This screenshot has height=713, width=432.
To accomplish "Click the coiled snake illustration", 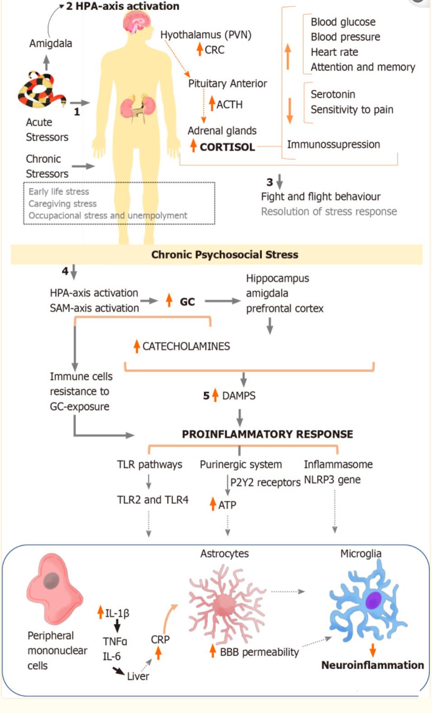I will click(41, 90).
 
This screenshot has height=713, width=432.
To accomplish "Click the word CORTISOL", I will click(227, 147).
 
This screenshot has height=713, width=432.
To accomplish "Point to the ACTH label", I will click(229, 104).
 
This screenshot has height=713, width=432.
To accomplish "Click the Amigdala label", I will click(51, 43).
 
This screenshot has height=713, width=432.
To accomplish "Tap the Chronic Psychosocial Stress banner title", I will click(224, 254).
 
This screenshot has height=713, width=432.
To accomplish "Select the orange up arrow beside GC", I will click(169, 300).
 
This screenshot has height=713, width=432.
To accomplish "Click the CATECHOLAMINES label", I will click(186, 346).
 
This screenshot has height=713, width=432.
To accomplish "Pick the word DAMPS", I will click(239, 396).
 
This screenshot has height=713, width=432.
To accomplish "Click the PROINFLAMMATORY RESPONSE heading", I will click(267, 434).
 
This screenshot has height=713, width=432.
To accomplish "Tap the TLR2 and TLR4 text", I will click(152, 500).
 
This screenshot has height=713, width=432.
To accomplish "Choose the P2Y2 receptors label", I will click(265, 482).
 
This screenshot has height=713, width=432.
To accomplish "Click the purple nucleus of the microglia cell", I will click(374, 600).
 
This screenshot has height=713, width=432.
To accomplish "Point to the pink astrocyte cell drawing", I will click(225, 601).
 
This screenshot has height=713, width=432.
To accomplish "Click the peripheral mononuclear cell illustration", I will click(53, 587).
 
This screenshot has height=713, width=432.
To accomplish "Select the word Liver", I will click(138, 676).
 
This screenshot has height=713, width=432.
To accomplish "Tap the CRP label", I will click(160, 639).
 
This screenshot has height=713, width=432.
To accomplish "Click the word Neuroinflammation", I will click(372, 665).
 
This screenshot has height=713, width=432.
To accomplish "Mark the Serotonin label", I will click(332, 94).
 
